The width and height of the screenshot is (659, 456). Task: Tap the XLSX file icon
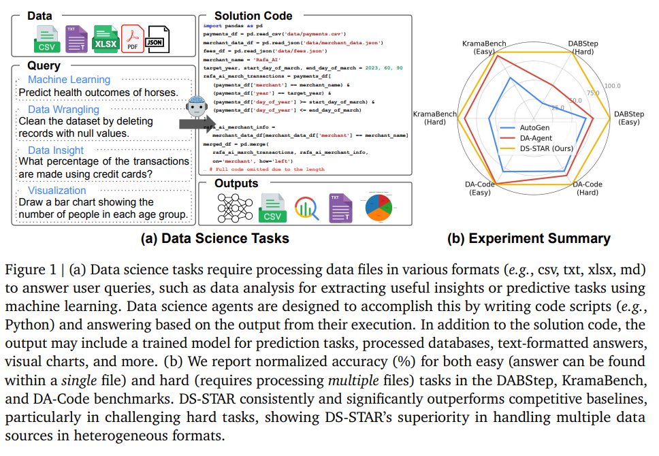coord(106,39)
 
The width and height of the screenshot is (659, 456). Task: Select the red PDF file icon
coord(132,39)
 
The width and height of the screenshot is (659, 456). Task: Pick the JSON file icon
coord(158,39)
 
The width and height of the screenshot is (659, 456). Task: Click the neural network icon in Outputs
coord(234,207)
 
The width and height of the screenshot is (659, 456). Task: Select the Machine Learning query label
coord(69,80)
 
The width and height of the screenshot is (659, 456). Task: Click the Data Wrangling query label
coord(63,109)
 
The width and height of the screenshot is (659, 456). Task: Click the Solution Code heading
coord(253,16)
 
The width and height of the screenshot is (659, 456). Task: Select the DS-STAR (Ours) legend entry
coord(543,148)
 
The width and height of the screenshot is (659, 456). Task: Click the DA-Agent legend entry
coord(535,137)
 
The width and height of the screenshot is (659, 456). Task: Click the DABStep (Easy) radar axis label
coord(628,118)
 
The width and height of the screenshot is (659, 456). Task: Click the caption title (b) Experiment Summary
coord(528,238)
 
